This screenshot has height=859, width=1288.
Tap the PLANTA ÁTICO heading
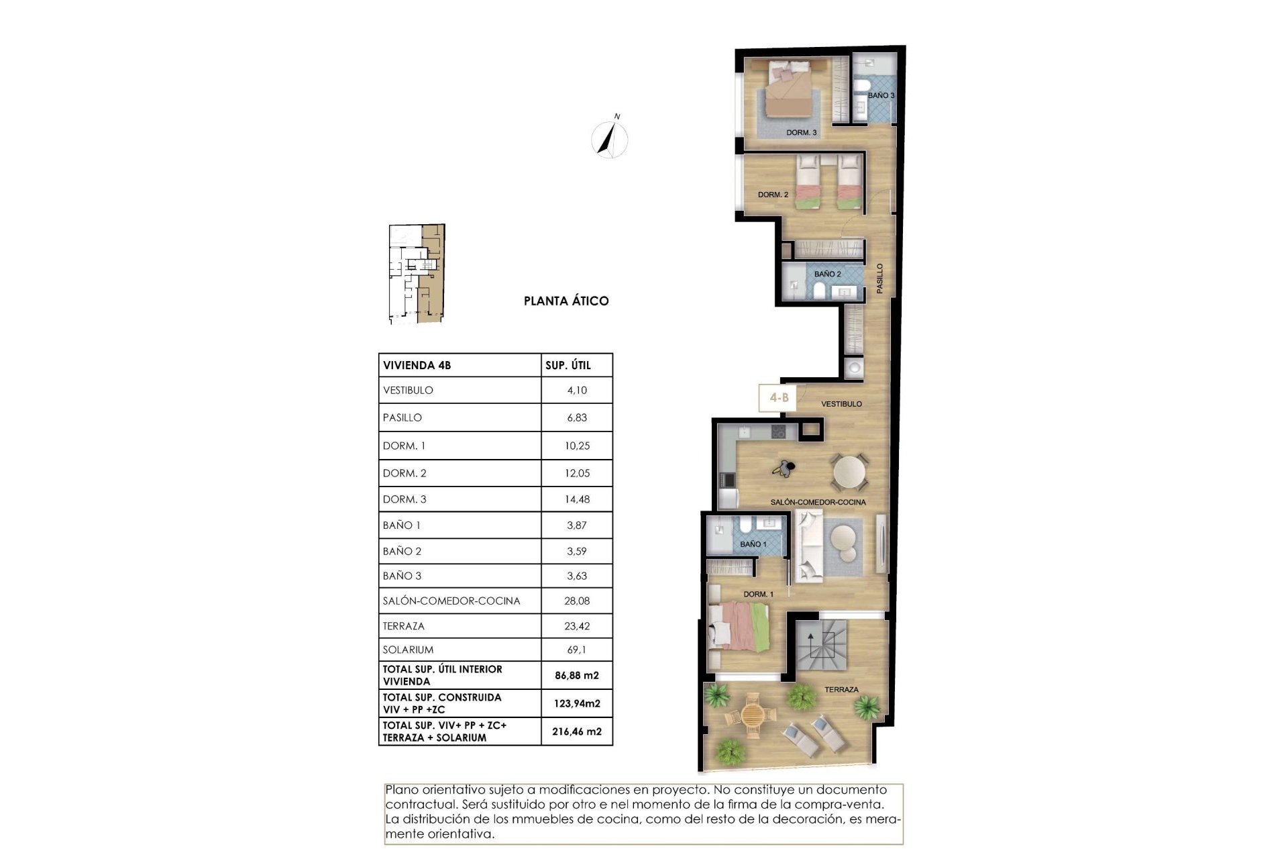pyautogui.click(x=566, y=301)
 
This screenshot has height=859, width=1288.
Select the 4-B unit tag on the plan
pyautogui.click(x=778, y=398)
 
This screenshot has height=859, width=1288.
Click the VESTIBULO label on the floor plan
pyautogui.click(x=841, y=404)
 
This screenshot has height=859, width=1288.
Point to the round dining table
pyautogui.click(x=850, y=471)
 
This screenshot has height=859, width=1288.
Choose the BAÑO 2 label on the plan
pyautogui.click(x=827, y=274)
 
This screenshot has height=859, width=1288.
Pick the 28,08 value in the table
pyautogui.click(x=577, y=601)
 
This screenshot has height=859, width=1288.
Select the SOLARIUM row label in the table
pyautogui.click(x=408, y=650)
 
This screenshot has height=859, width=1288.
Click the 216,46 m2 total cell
pyautogui.click(x=577, y=731)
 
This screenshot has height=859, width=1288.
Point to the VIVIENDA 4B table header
pyautogui.click(x=417, y=366)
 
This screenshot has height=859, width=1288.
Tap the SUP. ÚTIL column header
pyautogui.click(x=568, y=366)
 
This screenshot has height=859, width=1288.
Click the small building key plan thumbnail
pyautogui.click(x=417, y=274)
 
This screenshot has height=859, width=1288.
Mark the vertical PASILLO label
pyautogui.click(x=879, y=278)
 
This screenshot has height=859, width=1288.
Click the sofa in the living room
pyautogui.click(x=808, y=545)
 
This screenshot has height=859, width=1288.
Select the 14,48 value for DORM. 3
pyautogui.click(x=577, y=499)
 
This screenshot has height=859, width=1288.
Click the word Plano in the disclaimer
pyautogui.click(x=401, y=790)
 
